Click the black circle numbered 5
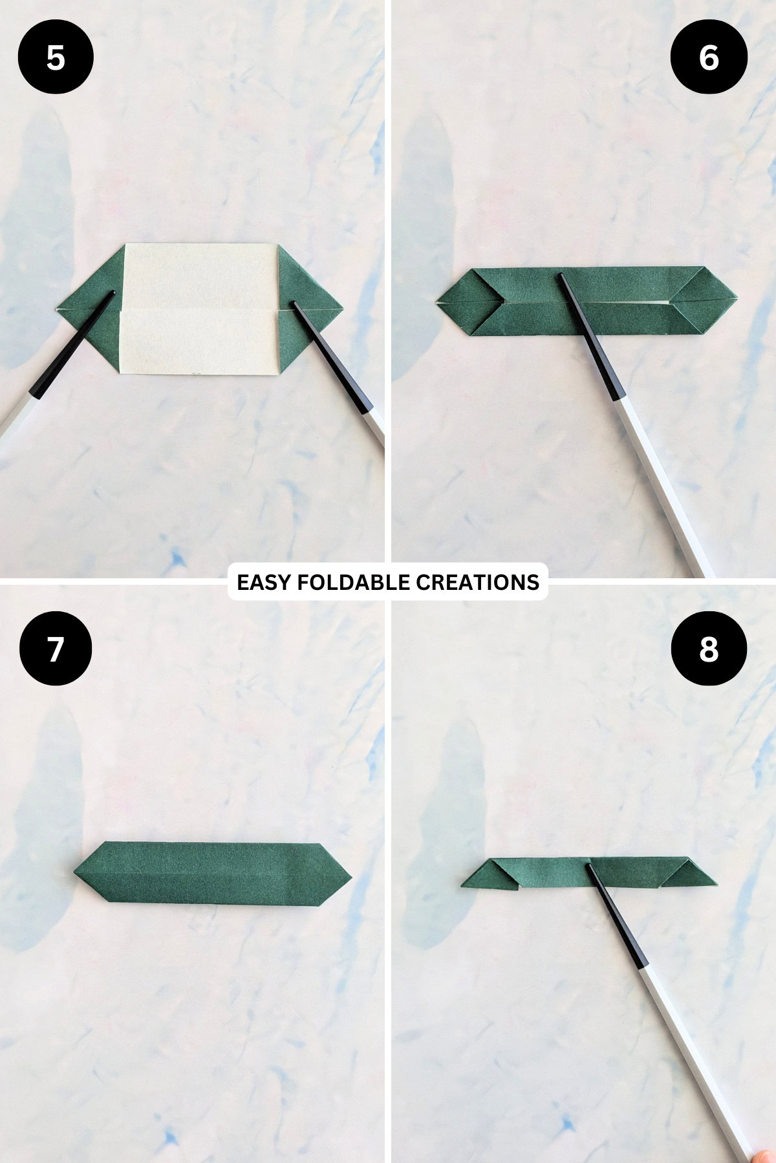point(56,58)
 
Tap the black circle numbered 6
point(709,58)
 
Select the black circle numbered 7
point(56,649)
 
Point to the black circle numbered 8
point(709,649)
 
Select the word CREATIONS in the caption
point(477,582)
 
